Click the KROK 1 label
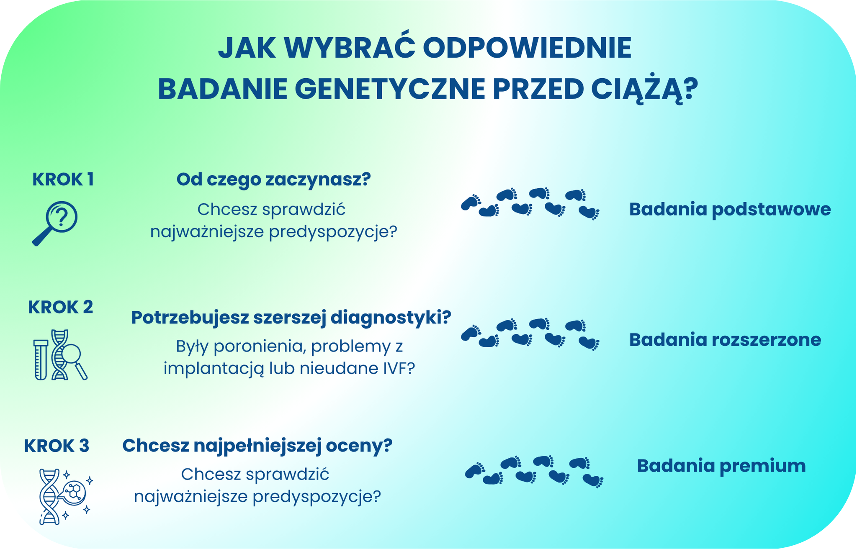click(x=63, y=180)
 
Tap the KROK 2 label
click(x=61, y=307)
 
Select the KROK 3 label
click(x=57, y=446)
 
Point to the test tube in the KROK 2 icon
click(x=41, y=359)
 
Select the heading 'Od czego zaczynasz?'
click(x=273, y=180)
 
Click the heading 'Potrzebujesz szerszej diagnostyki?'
click(x=291, y=317)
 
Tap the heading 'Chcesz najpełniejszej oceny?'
click(x=257, y=446)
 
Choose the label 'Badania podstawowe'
click(x=730, y=209)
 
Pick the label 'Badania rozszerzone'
click(x=725, y=339)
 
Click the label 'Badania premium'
click(x=721, y=466)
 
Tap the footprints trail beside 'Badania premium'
click(x=534, y=471)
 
